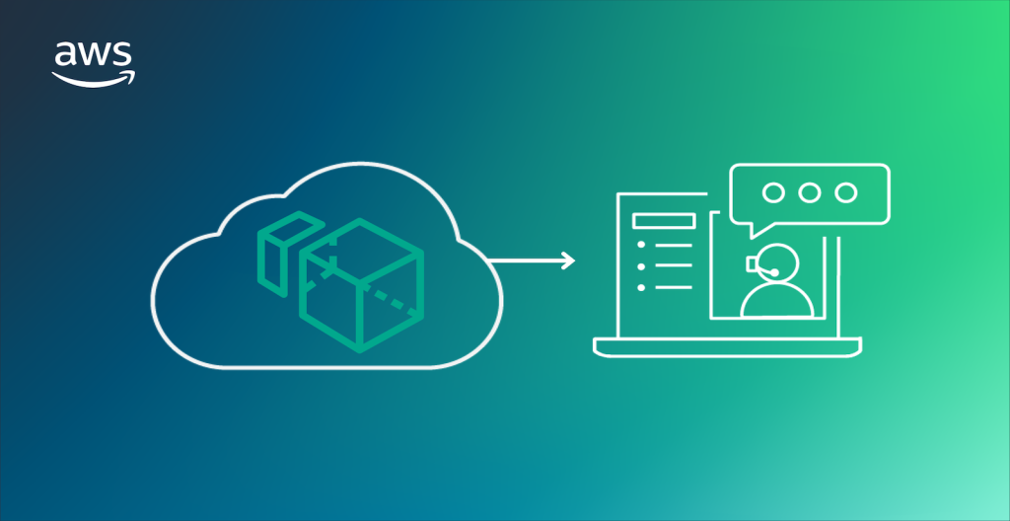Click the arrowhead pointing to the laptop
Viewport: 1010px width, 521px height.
pyautogui.click(x=567, y=260)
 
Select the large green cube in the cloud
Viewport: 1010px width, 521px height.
pyautogui.click(x=361, y=286)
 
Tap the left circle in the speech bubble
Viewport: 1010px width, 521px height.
pyautogui.click(x=775, y=192)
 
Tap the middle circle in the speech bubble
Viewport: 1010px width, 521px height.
pyautogui.click(x=810, y=192)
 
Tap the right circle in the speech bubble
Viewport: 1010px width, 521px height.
pyautogui.click(x=844, y=192)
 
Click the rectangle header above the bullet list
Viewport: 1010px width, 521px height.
pyautogui.click(x=664, y=221)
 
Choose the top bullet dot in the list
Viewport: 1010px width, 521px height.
pyautogui.click(x=641, y=245)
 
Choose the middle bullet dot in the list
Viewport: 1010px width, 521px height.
pyautogui.click(x=641, y=266)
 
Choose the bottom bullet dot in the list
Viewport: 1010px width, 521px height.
pyautogui.click(x=641, y=288)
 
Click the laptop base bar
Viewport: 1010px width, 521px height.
pyautogui.click(x=728, y=346)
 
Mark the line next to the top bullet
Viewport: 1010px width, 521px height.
pyautogui.click(x=675, y=245)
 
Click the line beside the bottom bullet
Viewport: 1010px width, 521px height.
pyautogui.click(x=675, y=288)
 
